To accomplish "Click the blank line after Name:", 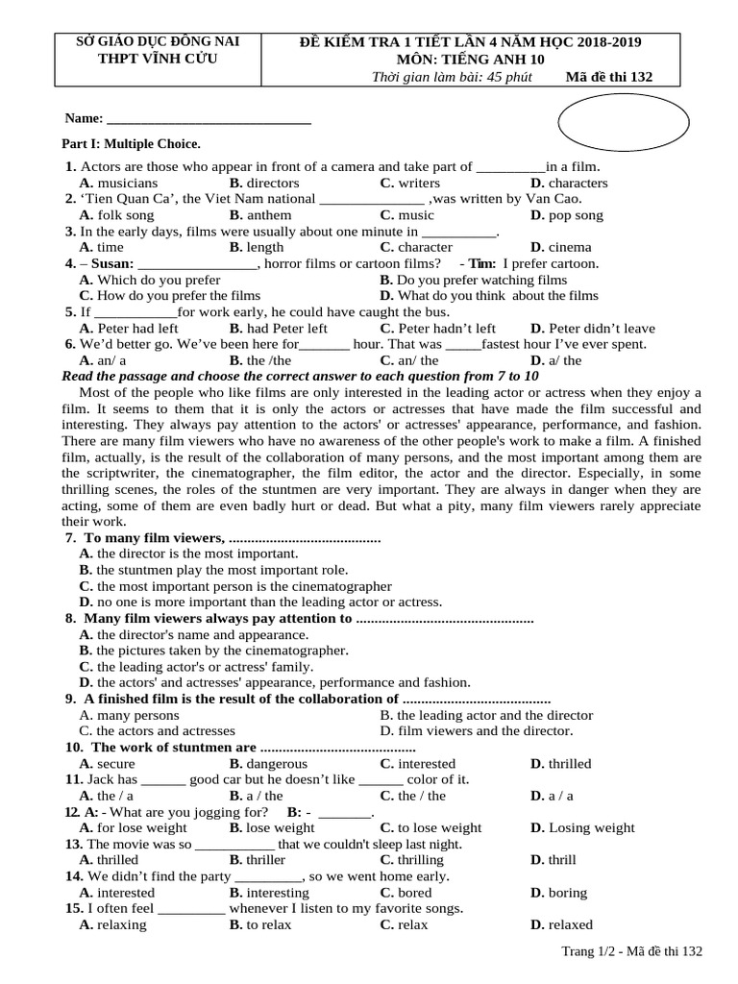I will click(x=209, y=119).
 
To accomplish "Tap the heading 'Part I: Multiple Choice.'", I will click(x=131, y=143).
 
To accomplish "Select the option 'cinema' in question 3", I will click(x=570, y=247).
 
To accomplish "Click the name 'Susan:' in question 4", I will click(x=112, y=263).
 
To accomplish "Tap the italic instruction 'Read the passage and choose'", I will click(x=154, y=376).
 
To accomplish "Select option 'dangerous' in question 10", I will click(x=277, y=764).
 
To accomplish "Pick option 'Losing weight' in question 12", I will click(x=591, y=827).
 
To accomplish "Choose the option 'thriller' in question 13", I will click(x=265, y=860).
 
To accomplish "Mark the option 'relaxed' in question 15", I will click(x=570, y=924).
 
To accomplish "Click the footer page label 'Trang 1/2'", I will click(x=591, y=951).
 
